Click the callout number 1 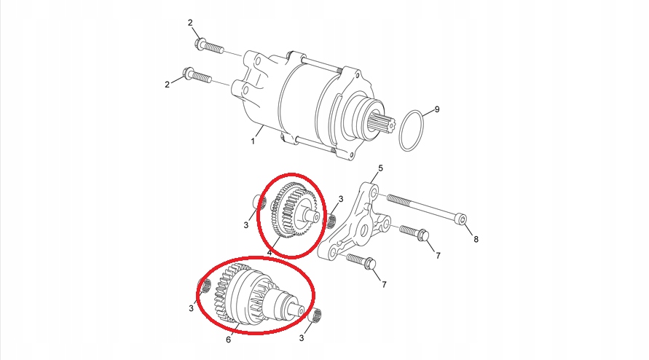[x=253, y=141]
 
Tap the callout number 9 [x=436, y=109]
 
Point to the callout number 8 [x=476, y=239]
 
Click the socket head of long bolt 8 [x=462, y=219]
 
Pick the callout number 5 [x=380, y=168]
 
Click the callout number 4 [x=270, y=252]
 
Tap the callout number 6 [x=228, y=340]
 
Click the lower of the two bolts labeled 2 [x=197, y=76]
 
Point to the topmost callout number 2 [x=190, y=23]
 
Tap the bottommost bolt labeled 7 [x=361, y=261]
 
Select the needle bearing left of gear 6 [x=204, y=285]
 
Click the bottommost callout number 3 [x=302, y=338]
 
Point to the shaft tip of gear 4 [x=313, y=216]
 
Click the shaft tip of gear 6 [x=299, y=310]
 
